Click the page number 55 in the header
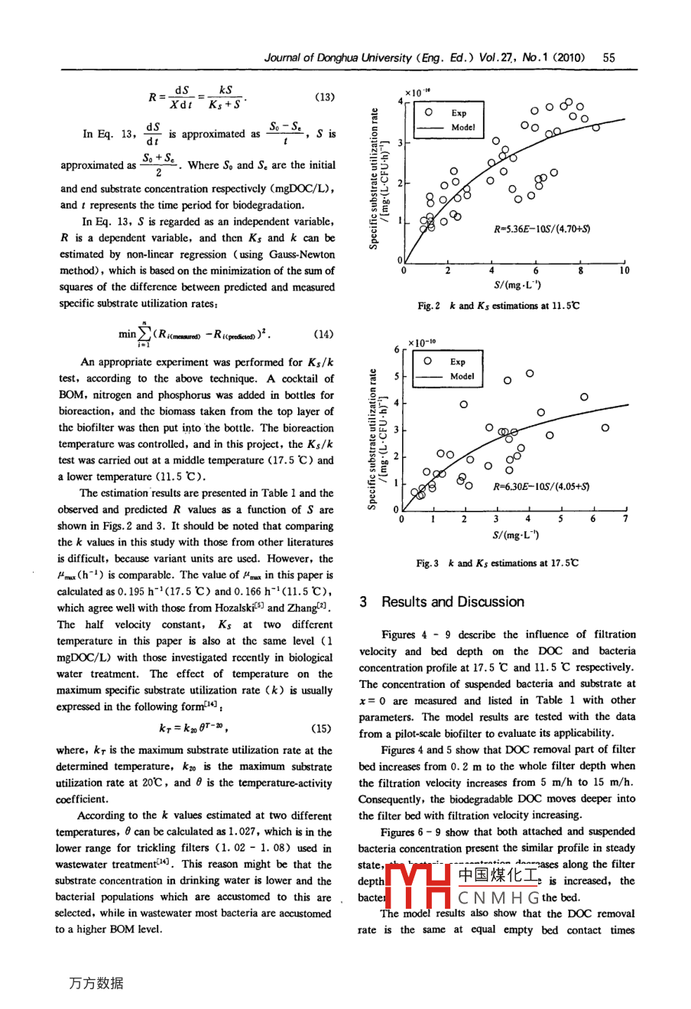point(609,57)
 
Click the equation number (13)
point(324,97)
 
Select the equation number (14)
point(324,334)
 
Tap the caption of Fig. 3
point(497,563)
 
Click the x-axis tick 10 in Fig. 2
point(624,271)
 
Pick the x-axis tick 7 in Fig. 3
point(625,520)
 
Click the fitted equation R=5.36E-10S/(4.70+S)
point(542,228)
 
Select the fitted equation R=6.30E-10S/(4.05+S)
point(540,486)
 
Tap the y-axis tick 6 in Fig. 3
point(396,349)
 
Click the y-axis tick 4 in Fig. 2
point(399,100)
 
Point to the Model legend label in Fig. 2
point(463,128)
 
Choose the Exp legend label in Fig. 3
point(457,362)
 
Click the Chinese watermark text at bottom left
point(96,983)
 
